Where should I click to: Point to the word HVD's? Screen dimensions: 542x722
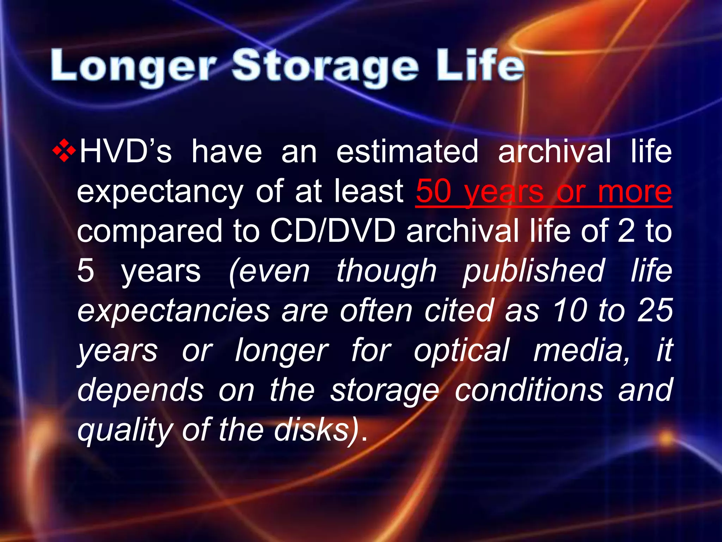126,151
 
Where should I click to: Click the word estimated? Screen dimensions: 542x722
407,151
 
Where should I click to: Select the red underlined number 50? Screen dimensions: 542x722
433,191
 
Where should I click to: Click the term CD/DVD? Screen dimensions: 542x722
333,231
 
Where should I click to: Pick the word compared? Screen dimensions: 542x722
150,231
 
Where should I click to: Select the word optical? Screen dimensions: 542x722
461,350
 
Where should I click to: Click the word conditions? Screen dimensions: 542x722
528,390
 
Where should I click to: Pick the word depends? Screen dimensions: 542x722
140,390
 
